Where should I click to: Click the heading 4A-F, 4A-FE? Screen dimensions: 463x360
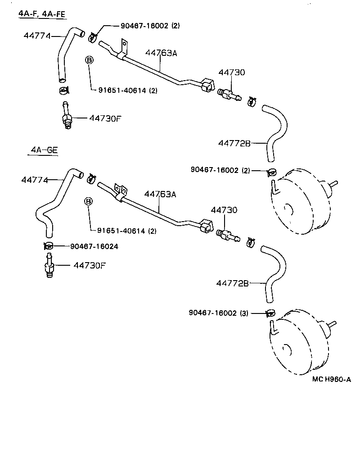click(42, 14)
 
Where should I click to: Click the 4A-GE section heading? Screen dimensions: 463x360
click(43, 151)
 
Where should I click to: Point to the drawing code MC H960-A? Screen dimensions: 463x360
click(331, 379)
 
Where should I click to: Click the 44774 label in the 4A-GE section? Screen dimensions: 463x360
click(34, 180)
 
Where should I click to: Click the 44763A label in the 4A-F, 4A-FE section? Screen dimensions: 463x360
click(161, 53)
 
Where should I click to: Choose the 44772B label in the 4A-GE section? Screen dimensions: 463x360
click(233, 283)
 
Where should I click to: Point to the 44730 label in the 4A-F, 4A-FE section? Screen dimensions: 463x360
click(232, 72)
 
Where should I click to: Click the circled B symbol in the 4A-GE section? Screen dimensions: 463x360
click(89, 201)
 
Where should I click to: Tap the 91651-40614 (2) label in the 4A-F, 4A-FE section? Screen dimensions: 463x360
click(128, 90)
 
